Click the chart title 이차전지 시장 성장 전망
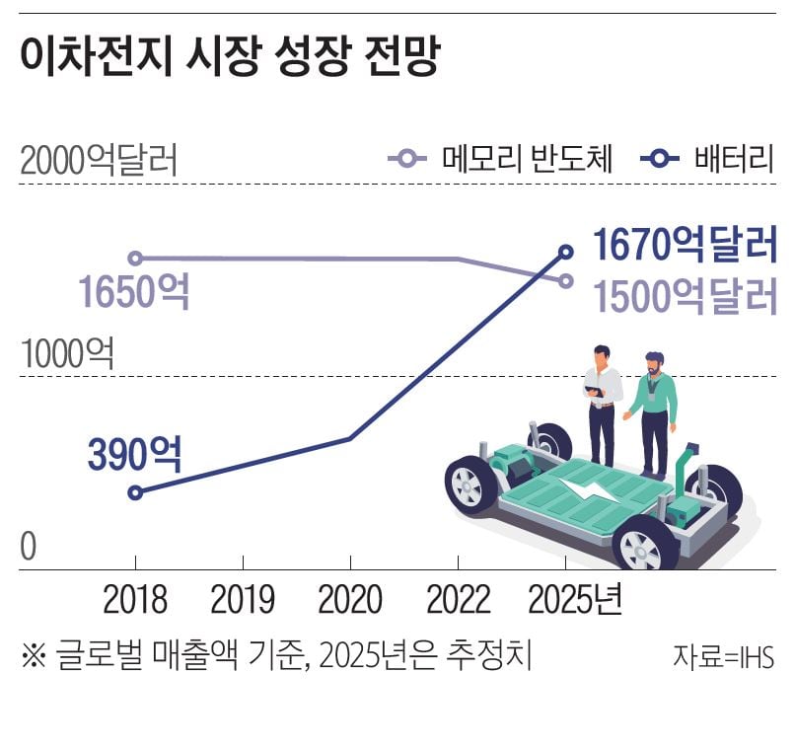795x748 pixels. (228, 58)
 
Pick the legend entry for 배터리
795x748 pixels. (706, 158)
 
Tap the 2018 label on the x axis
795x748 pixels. (135, 600)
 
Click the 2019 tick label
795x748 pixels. (243, 600)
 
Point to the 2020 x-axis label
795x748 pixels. (350, 600)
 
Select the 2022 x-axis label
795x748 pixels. (458, 600)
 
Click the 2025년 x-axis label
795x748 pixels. (576, 600)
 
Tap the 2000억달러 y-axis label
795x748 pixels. (99, 161)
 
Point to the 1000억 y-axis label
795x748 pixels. (67, 353)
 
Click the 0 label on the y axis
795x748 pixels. (28, 546)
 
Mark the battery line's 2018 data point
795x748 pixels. (136, 492)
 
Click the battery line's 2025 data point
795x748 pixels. (566, 251)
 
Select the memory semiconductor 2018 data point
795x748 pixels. (136, 259)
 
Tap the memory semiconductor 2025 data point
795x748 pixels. (566, 280)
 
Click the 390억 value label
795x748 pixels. (134, 453)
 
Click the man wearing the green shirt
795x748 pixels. (653, 410)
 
